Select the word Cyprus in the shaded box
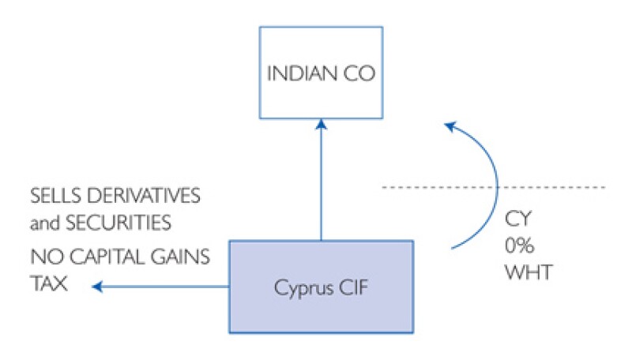pos(297,287)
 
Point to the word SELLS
pos(52,194)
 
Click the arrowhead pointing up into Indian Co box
pos(321,123)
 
